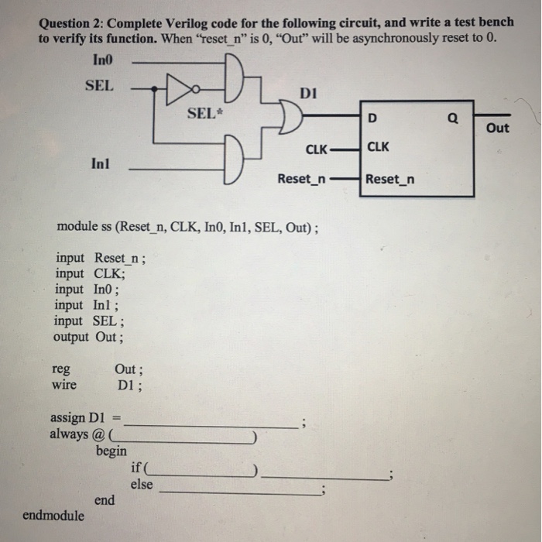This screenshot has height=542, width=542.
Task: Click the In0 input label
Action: click(x=103, y=60)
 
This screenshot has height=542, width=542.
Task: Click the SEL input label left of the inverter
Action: click(x=99, y=85)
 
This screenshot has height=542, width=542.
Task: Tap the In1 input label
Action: click(x=100, y=163)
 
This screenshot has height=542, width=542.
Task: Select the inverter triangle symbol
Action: click(x=180, y=89)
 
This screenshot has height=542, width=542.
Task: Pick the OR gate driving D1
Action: click(x=290, y=116)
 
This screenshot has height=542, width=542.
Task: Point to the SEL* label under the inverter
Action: click(x=205, y=113)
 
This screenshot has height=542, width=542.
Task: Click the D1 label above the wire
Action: click(x=308, y=94)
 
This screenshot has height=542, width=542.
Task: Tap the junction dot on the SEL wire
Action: click(x=154, y=89)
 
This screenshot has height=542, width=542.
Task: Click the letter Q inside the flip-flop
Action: click(x=453, y=118)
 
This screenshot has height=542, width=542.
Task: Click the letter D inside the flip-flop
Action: click(x=372, y=118)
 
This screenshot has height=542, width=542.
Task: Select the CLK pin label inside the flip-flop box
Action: click(x=378, y=146)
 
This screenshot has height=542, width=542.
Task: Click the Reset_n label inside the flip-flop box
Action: click(x=390, y=179)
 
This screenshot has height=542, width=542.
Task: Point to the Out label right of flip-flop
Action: click(x=497, y=128)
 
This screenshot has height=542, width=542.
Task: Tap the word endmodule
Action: click(x=53, y=516)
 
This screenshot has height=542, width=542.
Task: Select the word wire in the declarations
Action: click(x=64, y=384)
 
